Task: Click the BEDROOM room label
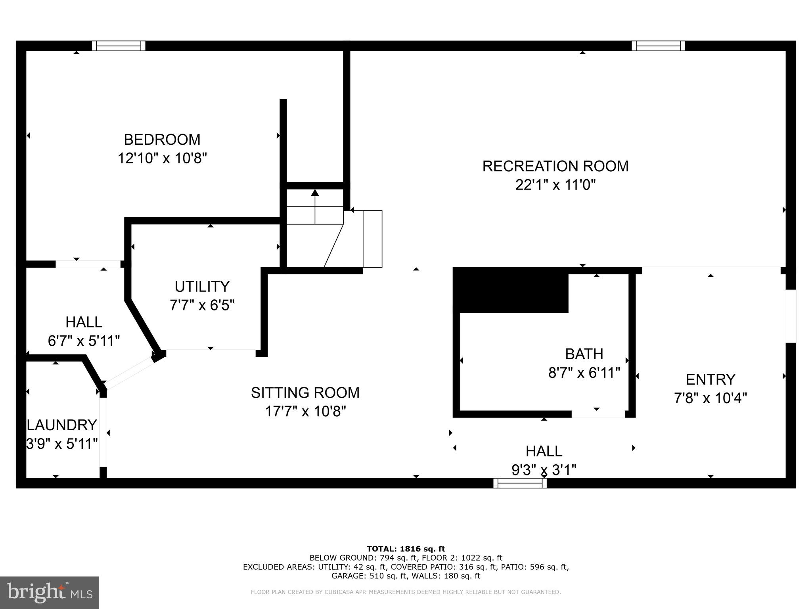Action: pos(162,140)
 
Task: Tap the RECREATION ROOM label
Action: pos(555,166)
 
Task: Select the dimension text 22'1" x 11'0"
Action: pos(555,185)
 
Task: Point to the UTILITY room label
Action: pos(202,286)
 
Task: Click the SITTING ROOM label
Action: pos(305,393)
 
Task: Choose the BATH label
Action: pos(584,354)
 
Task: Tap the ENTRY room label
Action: pos(710,379)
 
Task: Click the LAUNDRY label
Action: pos(62,425)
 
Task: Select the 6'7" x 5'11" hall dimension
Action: pos(84,341)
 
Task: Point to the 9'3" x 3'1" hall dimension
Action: pos(544,470)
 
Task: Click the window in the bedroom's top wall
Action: pos(119,46)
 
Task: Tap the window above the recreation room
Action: pos(658,46)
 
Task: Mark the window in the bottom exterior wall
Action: pos(520,483)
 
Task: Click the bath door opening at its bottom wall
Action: pos(598,414)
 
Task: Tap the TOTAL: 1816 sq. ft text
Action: pos(406,549)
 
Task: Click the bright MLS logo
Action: pos(49,592)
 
